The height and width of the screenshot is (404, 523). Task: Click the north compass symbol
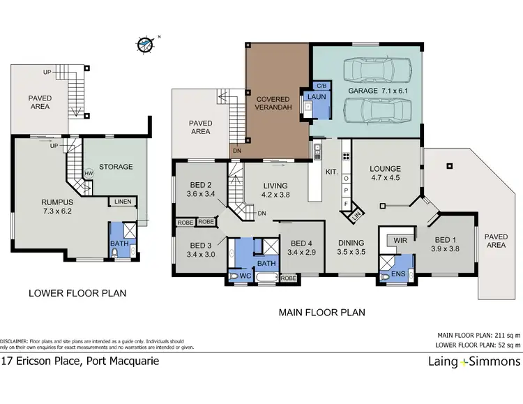point(145,44)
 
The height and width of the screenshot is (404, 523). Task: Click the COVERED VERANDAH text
point(277,104)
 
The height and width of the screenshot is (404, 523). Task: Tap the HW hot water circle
point(89,173)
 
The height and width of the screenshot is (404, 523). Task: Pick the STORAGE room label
point(116,167)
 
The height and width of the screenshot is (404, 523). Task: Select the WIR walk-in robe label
point(401,240)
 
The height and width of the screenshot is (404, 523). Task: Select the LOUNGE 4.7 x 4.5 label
point(385,173)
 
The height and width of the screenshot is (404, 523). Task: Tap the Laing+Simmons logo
point(473,361)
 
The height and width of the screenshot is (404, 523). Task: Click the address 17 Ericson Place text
point(80,361)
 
